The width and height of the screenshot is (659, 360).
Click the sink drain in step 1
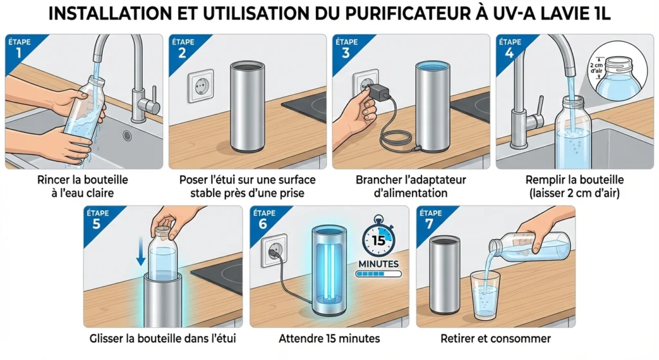[127, 136]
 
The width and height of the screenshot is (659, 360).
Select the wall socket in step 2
[198, 87]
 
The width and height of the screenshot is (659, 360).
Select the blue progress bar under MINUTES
[378, 274]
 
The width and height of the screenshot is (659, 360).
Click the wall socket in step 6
[273, 251]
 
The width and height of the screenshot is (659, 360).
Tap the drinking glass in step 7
[484, 294]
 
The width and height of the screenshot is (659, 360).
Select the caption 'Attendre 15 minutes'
[329, 338]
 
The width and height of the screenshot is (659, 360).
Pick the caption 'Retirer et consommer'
[495, 338]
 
